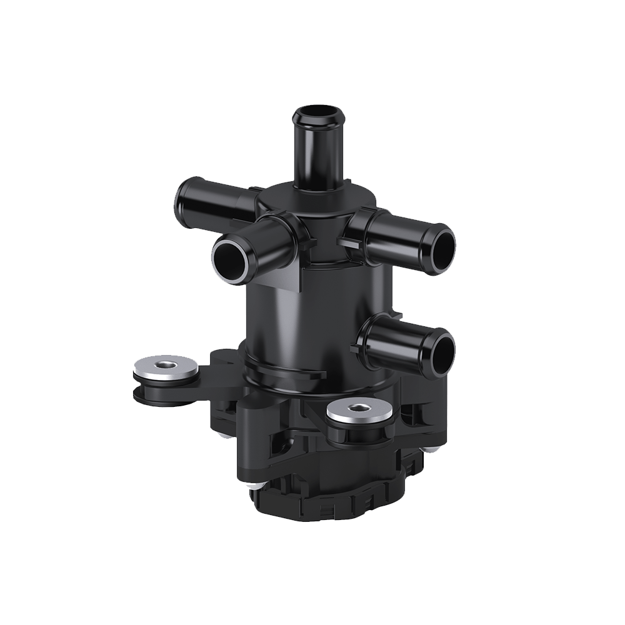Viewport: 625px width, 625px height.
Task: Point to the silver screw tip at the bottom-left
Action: tap(248, 487)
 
